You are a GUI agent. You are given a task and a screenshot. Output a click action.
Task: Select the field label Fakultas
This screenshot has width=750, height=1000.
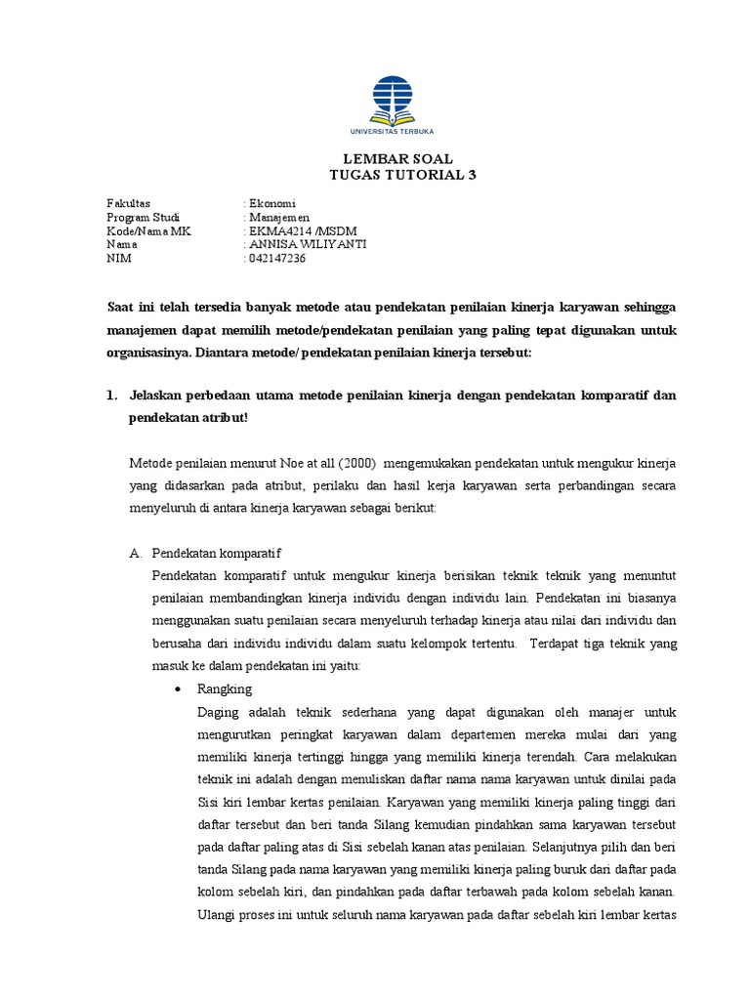[x=128, y=203]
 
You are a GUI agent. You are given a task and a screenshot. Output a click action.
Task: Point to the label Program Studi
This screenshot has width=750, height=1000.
[x=145, y=217]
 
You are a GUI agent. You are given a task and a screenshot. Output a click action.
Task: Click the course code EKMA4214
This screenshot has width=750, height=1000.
[x=278, y=230]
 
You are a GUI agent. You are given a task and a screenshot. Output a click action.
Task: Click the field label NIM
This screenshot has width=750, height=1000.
[x=117, y=259]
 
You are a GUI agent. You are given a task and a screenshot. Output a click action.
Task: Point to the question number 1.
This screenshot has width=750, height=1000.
[x=111, y=395]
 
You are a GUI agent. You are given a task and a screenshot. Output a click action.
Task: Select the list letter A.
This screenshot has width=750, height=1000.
[x=136, y=553]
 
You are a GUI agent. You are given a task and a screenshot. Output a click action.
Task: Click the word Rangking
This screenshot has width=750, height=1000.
[x=224, y=688]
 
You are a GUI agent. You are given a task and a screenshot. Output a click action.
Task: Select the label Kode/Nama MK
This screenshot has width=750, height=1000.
[x=149, y=230]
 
